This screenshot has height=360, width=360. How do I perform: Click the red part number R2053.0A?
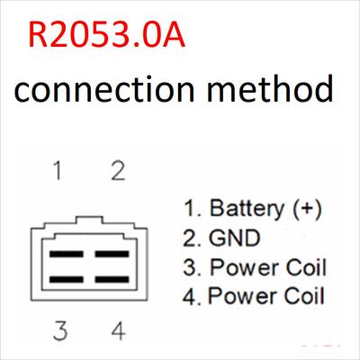pyautogui.click(x=106, y=34)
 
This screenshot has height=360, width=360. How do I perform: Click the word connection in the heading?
pyautogui.click(x=103, y=89)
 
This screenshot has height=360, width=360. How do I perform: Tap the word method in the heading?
pyautogui.click(x=270, y=88)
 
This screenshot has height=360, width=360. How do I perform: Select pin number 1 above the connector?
pyautogui.click(x=58, y=170)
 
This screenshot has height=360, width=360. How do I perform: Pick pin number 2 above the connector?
pyautogui.click(x=118, y=170)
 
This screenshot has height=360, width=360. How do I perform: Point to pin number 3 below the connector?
pyautogui.click(x=60, y=330)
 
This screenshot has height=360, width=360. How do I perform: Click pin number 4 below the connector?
pyautogui.click(x=118, y=330)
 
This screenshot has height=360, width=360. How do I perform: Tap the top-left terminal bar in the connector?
pyautogui.click(x=67, y=254)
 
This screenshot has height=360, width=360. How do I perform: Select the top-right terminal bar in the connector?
pyautogui.click(x=112, y=254)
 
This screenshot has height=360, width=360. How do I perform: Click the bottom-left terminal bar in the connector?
pyautogui.click(x=67, y=280)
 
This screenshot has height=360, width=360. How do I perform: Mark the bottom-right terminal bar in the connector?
pyautogui.click(x=112, y=280)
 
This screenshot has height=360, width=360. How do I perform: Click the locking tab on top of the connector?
pyautogui.click(x=89, y=220)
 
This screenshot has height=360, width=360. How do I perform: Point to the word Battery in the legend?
pyautogui.click(x=247, y=209)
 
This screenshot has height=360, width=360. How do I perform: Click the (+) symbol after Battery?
pyautogui.click(x=307, y=209)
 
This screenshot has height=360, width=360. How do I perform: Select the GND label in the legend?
pyautogui.click(x=234, y=238)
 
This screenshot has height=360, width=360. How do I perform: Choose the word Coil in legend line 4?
pyautogui.click(x=304, y=295)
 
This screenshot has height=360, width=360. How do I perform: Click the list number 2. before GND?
pyautogui.click(x=192, y=238)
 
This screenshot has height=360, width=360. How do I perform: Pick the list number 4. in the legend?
pyautogui.click(x=192, y=296)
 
